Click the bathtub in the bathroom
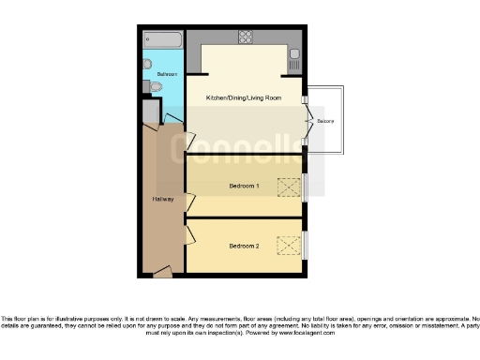[163, 40]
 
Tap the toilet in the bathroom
[155, 87]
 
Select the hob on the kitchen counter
[246, 38]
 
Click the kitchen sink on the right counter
[293, 61]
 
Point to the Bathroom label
[167, 72]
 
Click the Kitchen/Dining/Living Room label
[244, 97]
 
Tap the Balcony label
[324, 122]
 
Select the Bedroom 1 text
[244, 186]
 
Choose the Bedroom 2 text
[244, 247]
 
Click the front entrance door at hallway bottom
[162, 273]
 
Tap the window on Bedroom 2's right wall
[305, 245]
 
